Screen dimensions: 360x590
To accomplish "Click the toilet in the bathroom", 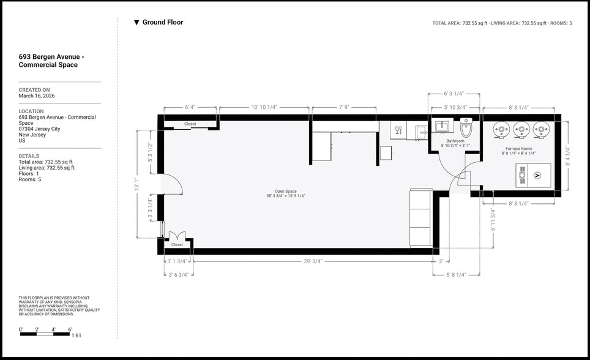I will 466,129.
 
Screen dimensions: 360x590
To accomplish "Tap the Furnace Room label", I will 518,149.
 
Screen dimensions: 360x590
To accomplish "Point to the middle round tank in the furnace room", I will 521,130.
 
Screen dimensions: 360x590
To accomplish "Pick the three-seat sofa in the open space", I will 421,217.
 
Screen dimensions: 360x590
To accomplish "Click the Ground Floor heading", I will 162,23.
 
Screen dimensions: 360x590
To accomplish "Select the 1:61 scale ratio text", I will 77,336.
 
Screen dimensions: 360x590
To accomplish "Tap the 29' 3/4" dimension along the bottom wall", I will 313,261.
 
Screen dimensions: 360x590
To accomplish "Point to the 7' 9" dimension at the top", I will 343,107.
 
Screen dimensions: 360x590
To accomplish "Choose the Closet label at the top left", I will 190,124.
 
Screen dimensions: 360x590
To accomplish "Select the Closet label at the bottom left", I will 177,245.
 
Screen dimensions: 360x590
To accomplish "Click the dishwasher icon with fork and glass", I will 398,130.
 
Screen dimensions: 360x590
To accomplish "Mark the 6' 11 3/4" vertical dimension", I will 493,219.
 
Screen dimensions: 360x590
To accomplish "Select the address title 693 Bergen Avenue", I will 51,61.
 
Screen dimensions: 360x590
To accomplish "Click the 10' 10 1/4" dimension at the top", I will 264,107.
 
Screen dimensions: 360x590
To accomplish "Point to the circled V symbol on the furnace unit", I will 537,176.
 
